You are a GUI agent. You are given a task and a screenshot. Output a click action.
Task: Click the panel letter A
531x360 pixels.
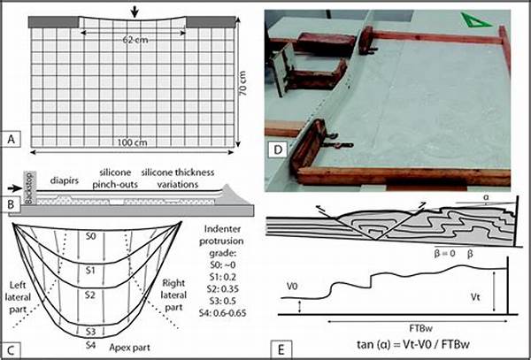coord(12,139)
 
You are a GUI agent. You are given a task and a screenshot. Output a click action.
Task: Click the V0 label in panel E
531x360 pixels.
coord(292,286)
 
